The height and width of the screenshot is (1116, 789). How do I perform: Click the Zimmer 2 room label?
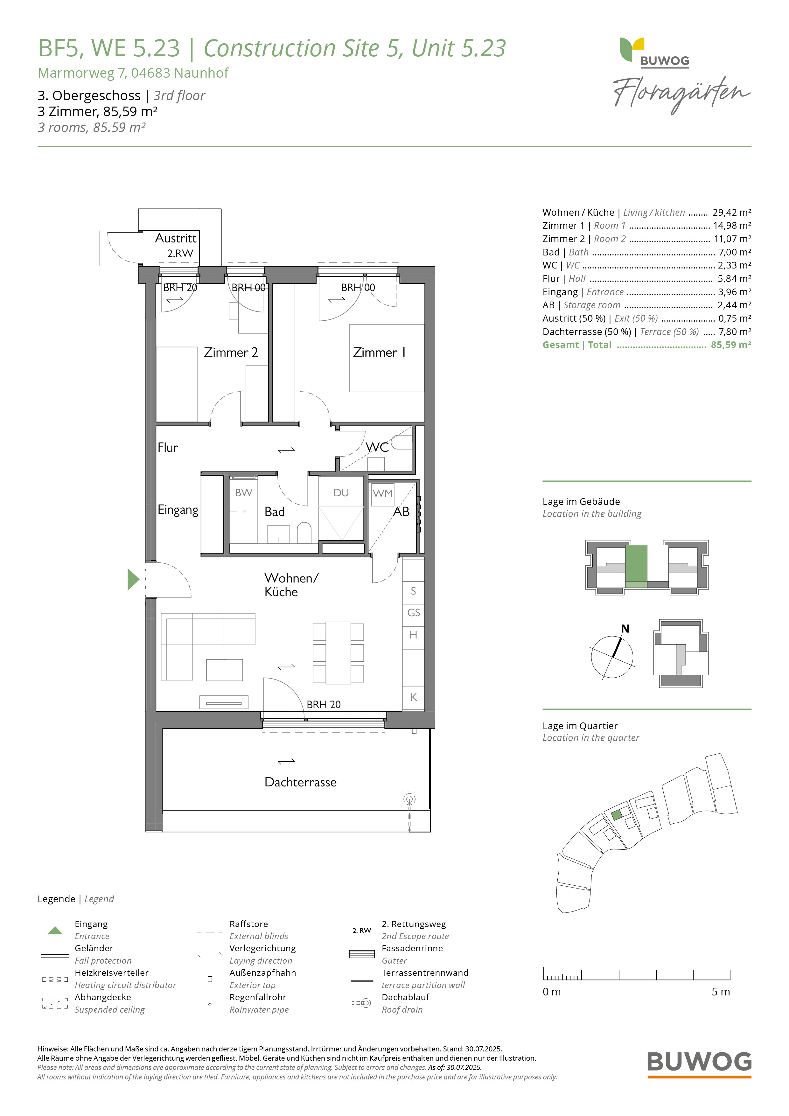[231, 352]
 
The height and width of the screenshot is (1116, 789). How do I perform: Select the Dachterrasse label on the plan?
[300, 782]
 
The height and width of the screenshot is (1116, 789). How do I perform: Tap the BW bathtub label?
[244, 493]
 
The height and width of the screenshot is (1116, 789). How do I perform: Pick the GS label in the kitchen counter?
[414, 613]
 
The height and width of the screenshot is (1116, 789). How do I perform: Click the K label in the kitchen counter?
[414, 697]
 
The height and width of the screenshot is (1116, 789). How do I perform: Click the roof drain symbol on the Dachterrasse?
[409, 799]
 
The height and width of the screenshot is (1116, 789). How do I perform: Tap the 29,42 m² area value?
[732, 213]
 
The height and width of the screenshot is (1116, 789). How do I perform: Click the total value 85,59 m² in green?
[731, 345]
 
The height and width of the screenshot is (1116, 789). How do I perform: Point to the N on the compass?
[625, 629]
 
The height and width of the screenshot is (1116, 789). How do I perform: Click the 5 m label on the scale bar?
[721, 992]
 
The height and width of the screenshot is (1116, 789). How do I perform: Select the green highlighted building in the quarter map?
[617, 815]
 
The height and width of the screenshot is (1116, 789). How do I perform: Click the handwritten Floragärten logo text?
[681, 94]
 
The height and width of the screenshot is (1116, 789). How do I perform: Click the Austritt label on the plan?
[176, 238]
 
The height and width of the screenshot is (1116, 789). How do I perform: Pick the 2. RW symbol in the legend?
[362, 930]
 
